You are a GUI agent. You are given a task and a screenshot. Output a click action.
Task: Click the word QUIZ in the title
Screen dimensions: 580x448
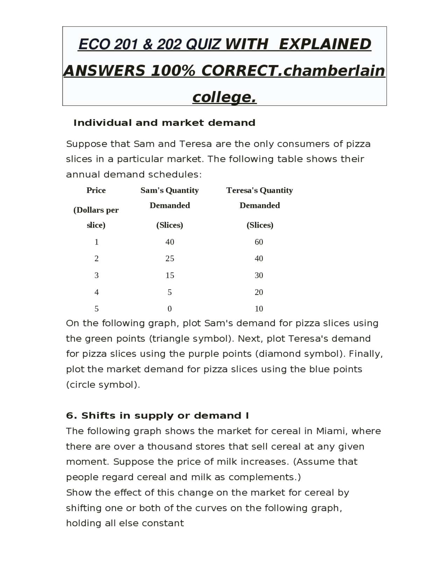coord(203,44)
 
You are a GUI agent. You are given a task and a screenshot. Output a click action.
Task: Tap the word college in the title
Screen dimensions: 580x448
coord(224,97)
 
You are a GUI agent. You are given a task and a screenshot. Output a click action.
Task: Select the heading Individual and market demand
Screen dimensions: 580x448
coord(164,123)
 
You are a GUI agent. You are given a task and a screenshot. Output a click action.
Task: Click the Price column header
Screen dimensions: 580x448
coord(96,190)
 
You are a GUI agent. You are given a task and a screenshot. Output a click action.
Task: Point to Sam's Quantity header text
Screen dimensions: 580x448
coord(169,190)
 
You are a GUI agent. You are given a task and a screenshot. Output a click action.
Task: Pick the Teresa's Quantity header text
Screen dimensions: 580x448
coord(259,190)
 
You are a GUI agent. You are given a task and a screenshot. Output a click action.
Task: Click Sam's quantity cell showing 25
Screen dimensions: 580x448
coord(170,258)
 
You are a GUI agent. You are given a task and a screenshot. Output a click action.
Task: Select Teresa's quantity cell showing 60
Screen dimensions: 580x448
coord(259,242)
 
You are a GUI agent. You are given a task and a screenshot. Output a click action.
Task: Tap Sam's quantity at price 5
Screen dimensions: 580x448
coord(170,309)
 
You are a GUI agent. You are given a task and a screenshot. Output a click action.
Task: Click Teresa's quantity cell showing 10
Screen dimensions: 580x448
coord(259,309)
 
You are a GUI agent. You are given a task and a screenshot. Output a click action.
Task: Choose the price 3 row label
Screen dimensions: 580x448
coord(97,275)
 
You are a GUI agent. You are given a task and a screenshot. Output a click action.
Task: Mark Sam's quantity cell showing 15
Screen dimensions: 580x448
coord(170,275)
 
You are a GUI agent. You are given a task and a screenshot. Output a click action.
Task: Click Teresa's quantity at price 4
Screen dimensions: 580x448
coord(259,292)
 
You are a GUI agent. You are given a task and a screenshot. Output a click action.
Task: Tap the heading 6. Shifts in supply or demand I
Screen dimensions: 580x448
coord(157,416)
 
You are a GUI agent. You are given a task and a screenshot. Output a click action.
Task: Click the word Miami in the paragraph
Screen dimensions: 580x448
coord(330,431)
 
